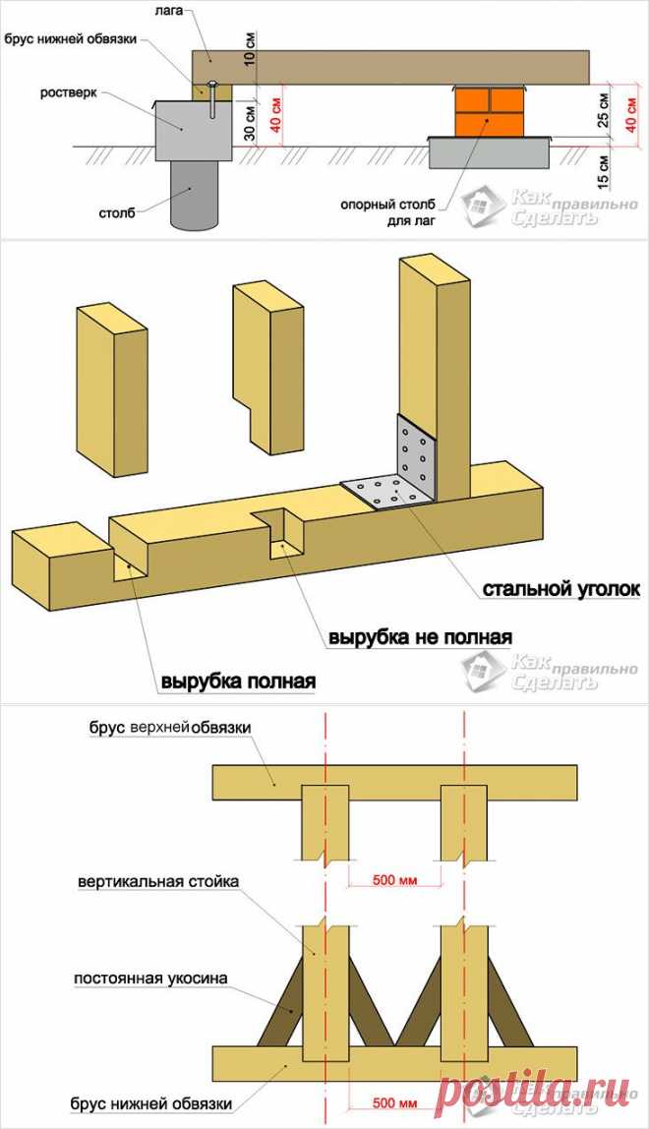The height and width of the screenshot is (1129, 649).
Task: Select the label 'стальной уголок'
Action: tap(560, 589)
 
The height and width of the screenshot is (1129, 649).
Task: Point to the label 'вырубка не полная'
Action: tap(419, 636)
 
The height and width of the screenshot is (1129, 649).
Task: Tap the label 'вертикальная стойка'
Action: tap(158, 882)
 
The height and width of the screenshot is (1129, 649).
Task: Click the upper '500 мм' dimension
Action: tap(395, 879)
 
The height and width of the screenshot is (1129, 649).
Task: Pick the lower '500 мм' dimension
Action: tap(395, 1099)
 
